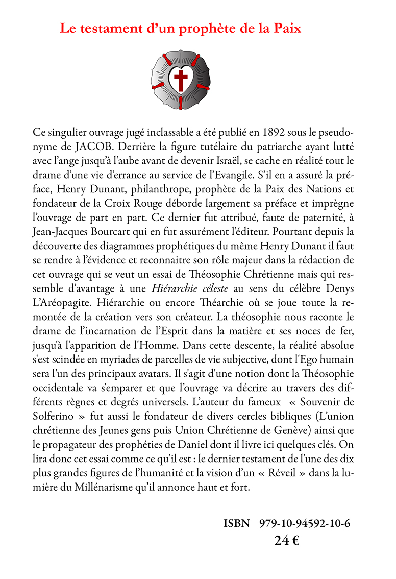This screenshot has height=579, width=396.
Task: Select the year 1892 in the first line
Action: [275, 132]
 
